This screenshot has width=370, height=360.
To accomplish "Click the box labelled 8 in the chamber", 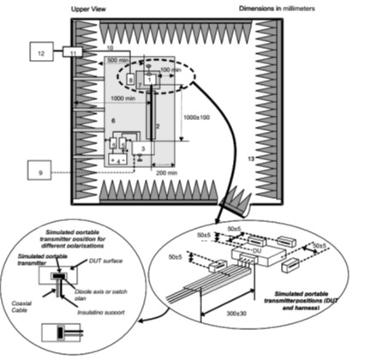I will click(130, 79).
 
